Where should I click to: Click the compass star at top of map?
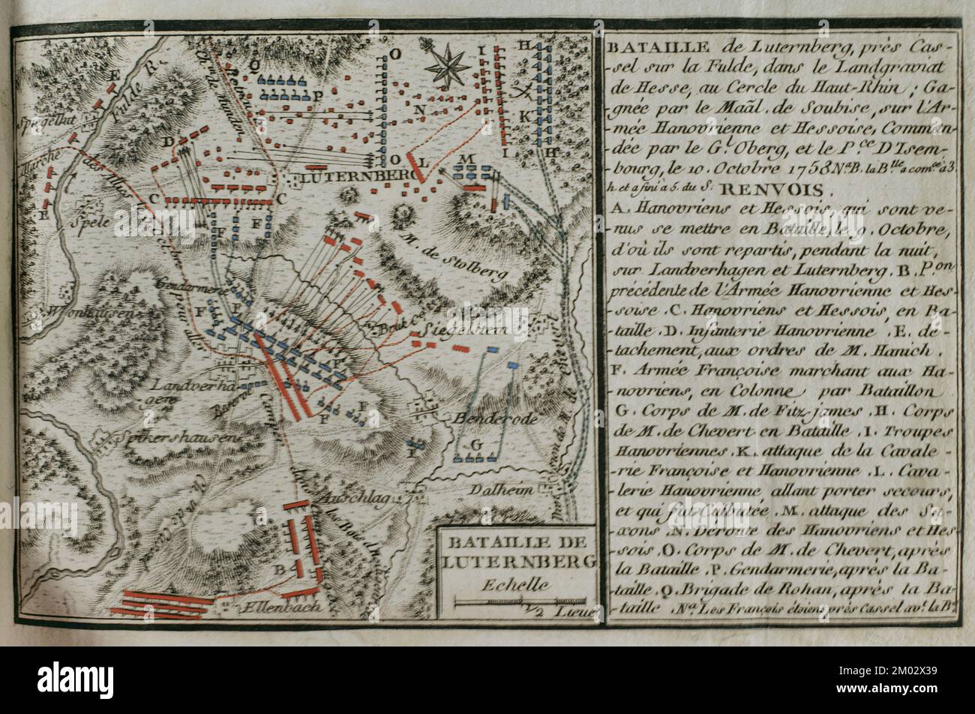coord(448,65)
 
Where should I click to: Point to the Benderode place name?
coord(491,418)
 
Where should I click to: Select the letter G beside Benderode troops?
coord(475,444)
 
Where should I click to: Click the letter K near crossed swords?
coord(524,115)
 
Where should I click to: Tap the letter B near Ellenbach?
coord(278,569)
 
